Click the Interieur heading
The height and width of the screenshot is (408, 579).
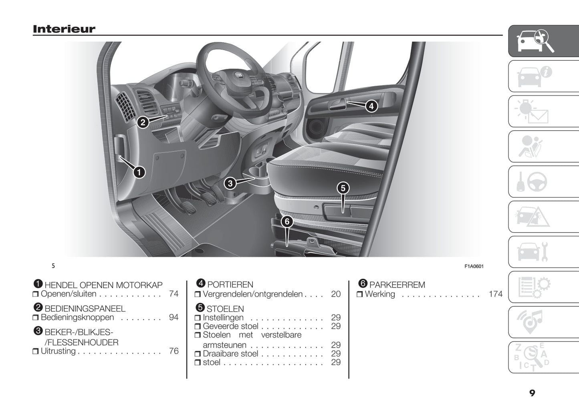tap(64, 29)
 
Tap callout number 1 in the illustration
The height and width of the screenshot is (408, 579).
tap(139, 172)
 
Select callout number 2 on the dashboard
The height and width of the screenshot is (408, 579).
tap(143, 122)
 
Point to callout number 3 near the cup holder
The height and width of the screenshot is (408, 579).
tap(230, 183)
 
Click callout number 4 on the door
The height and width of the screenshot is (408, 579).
tap(371, 106)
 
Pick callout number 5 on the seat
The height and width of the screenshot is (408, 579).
tap(343, 188)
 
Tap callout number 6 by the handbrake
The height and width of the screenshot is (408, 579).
tap(287, 221)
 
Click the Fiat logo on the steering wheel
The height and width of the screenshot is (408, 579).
tap(238, 75)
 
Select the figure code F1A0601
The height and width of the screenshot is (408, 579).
tap(474, 266)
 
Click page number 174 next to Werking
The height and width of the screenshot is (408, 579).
tap(496, 294)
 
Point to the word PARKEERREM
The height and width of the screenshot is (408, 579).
tap(397, 285)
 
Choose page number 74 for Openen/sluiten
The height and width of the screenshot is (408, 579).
tap(174, 293)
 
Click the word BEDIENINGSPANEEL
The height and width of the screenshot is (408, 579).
tap(85, 309)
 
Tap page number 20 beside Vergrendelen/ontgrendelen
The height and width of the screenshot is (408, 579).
tap(336, 294)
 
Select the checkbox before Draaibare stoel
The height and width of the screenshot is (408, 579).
tap(198, 354)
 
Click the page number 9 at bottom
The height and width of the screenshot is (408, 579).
tap(532, 393)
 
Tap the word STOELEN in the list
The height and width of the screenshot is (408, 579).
tap(225, 309)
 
